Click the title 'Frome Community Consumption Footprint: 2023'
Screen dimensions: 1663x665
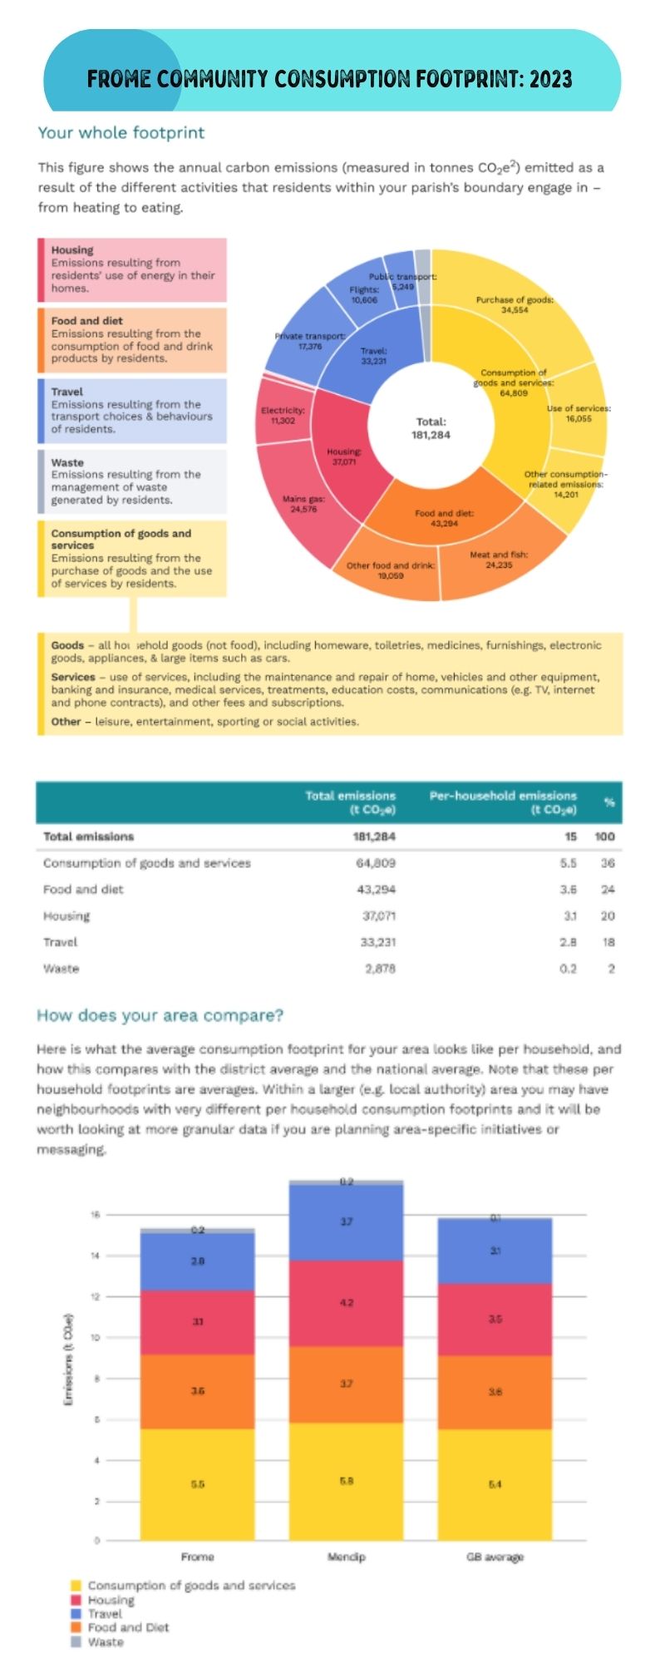[x=330, y=79]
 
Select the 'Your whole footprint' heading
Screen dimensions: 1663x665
[x=121, y=133]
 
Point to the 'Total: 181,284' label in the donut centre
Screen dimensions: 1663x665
[x=431, y=428]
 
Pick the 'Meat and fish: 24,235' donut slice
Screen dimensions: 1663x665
[x=499, y=561]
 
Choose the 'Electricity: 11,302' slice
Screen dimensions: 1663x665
[x=283, y=415]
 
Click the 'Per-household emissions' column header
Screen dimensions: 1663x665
[x=502, y=802]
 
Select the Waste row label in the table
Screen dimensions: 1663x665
[x=62, y=969]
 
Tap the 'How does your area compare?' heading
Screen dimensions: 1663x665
[x=160, y=1015]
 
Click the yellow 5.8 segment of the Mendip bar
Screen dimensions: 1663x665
[x=346, y=1480]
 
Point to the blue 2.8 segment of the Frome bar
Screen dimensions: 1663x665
[x=198, y=1261]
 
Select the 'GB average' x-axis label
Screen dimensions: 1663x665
[x=495, y=1557]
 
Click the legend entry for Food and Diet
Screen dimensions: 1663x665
[x=128, y=1627]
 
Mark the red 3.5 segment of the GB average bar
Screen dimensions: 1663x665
[x=495, y=1320]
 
